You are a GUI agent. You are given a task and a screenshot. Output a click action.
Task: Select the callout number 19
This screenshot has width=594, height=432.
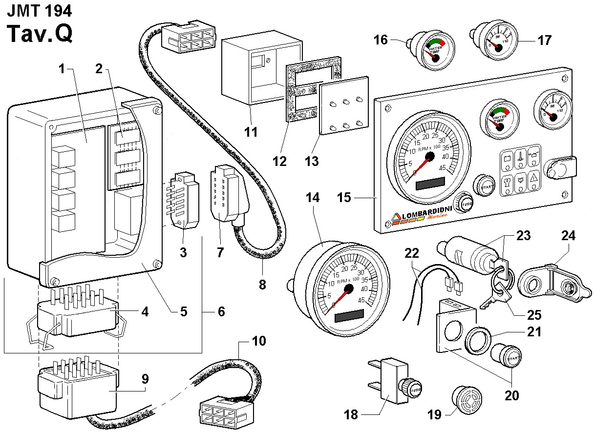(434, 414)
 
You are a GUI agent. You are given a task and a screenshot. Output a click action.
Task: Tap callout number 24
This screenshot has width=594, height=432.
(569, 236)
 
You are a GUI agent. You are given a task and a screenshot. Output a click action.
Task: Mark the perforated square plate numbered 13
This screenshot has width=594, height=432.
(345, 106)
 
